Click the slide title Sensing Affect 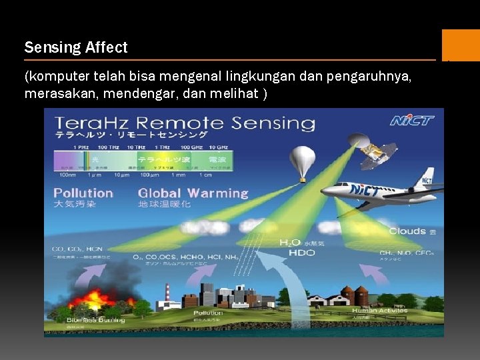75,47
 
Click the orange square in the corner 460,45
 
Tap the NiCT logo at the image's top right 411,121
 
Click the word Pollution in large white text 83,193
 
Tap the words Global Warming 193,193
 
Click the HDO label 301,253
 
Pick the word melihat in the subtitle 238,94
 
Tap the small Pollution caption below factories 208,313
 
